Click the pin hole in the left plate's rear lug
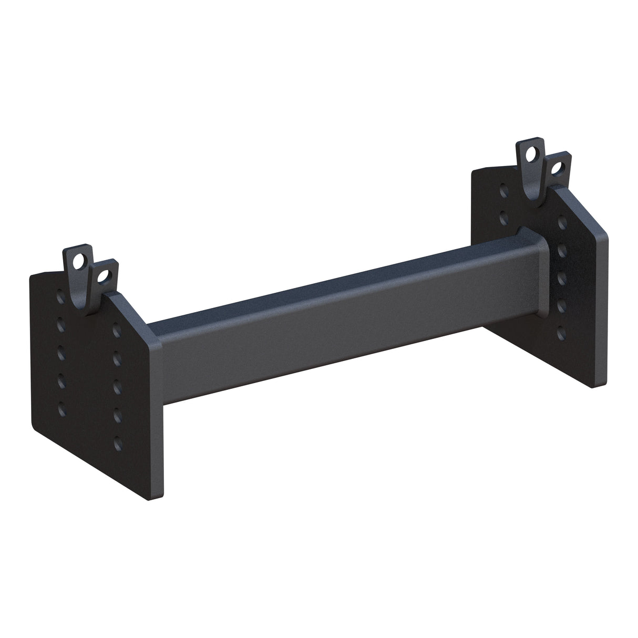point(80,260)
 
